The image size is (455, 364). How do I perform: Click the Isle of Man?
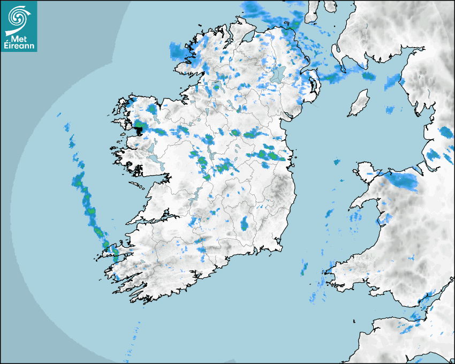point(359,103)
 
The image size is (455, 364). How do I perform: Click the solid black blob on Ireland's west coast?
point(139,128)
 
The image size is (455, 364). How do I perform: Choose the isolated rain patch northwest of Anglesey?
point(337,162)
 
